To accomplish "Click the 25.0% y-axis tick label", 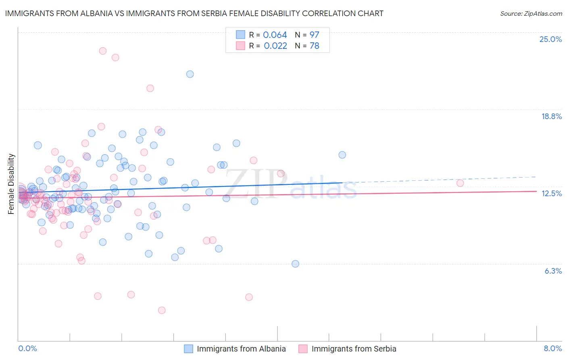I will click(550, 39).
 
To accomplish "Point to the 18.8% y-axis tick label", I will click(551, 116).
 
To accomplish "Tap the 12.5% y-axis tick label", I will click(551, 193).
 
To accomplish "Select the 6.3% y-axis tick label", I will click(553, 271).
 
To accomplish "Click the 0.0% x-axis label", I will click(27, 348).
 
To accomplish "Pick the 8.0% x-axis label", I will click(552, 348).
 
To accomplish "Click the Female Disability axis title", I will click(11, 184).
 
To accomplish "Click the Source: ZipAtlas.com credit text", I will click(531, 13).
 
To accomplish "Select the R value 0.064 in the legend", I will click(275, 35).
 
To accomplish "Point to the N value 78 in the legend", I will click(314, 46).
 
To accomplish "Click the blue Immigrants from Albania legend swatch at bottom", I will click(188, 349).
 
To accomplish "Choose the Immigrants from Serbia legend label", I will click(354, 349).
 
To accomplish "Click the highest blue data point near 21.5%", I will click(190, 74).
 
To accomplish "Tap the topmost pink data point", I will click(103, 51).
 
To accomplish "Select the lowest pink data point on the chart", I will click(162, 310).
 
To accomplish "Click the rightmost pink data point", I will click(460, 183).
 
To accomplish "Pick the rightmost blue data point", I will click(342, 155).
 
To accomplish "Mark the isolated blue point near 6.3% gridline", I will click(295, 264).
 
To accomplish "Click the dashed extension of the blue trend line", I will click(440, 180).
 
